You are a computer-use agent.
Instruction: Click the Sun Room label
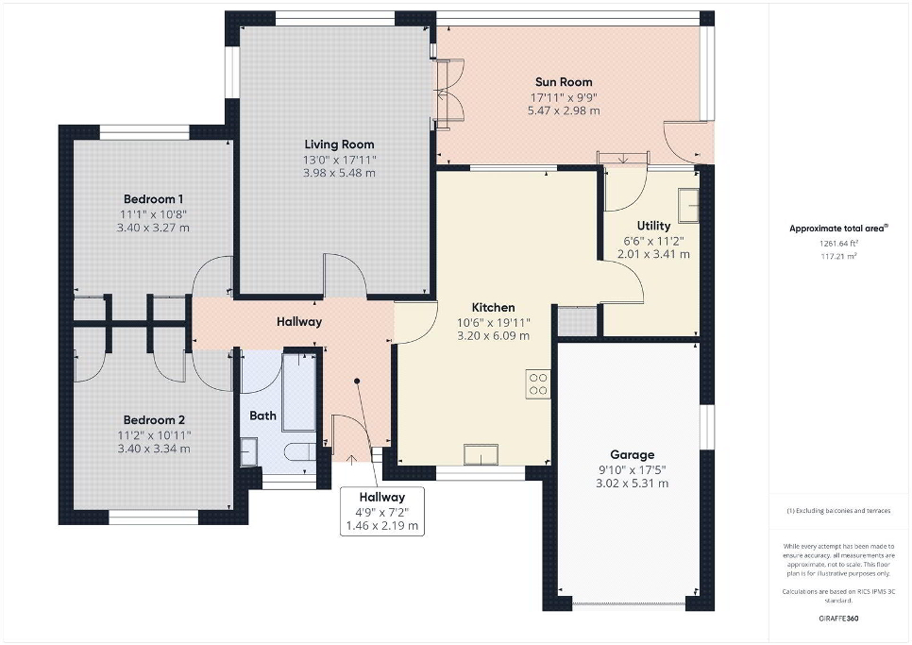tap(564, 82)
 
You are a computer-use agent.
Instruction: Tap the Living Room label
tap(339, 144)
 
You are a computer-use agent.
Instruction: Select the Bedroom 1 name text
tap(154, 199)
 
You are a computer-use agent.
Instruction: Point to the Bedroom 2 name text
tap(154, 420)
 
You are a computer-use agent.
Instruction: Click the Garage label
tap(633, 455)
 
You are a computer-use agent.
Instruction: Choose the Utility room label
tap(653, 226)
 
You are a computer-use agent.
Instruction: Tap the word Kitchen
tap(493, 307)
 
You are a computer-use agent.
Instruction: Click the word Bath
tap(262, 416)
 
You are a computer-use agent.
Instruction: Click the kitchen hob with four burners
tap(538, 383)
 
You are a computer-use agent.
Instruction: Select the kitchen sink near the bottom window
tap(481, 454)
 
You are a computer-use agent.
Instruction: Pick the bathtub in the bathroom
tap(299, 392)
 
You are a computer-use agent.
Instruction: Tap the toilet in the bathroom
tap(300, 452)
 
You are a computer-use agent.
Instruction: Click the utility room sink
tap(689, 205)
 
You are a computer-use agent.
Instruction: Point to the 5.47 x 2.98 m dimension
tap(564, 110)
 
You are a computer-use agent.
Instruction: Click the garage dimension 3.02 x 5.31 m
tap(633, 484)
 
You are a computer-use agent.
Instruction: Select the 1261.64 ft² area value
tap(839, 244)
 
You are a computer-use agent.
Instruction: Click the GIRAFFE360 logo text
tap(838, 619)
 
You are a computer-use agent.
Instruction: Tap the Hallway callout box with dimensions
tap(382, 511)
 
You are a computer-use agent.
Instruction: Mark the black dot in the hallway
tap(357, 381)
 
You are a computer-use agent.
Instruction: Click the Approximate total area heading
tap(838, 229)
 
